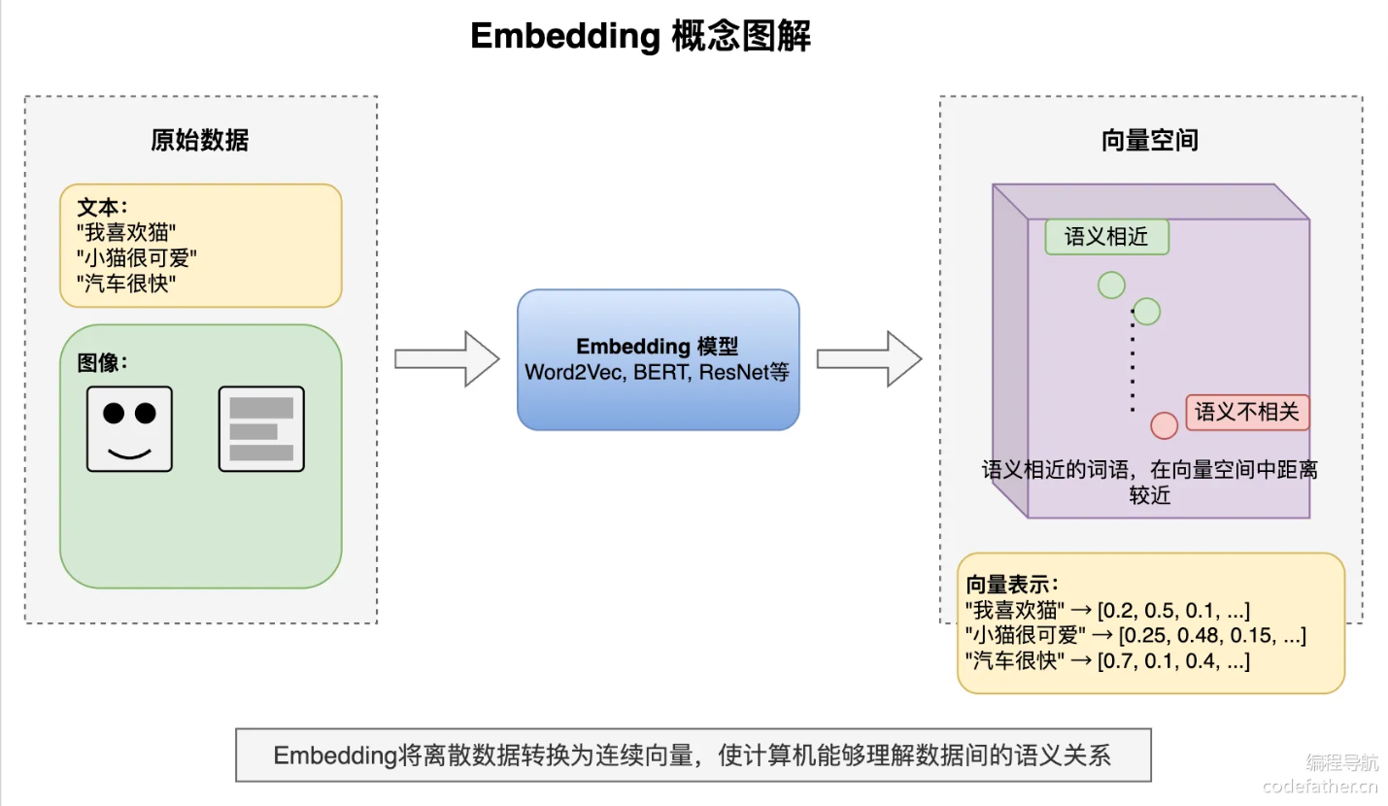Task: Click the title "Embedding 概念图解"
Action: click(x=640, y=36)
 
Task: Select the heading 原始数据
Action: click(x=200, y=140)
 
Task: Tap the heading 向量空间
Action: click(x=1150, y=140)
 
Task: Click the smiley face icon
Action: click(x=129, y=429)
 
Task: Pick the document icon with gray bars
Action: click(x=261, y=429)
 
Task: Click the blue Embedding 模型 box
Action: click(x=658, y=359)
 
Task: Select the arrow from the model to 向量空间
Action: click(x=867, y=359)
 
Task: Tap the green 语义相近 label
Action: click(x=1106, y=237)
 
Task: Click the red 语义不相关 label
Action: click(x=1247, y=412)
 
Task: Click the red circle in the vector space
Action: click(x=1164, y=425)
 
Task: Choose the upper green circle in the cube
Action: click(x=1111, y=285)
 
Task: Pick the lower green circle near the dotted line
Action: click(x=1147, y=312)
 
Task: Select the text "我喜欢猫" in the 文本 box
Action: click(x=126, y=232)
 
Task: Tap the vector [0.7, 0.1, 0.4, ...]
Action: click(x=1172, y=661)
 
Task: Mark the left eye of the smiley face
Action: click(x=114, y=413)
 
